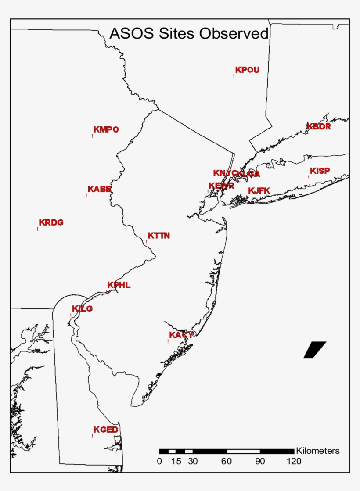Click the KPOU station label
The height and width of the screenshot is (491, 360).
(x=247, y=70)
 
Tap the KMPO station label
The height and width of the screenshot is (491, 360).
(x=106, y=129)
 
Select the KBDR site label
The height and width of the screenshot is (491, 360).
(x=319, y=127)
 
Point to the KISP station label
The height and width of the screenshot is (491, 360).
(x=320, y=171)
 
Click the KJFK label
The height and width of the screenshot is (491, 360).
(x=259, y=190)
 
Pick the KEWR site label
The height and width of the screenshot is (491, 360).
(x=221, y=186)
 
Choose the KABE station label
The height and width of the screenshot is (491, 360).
(x=99, y=189)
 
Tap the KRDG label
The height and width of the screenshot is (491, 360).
(x=51, y=222)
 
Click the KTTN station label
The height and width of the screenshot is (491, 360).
(x=158, y=236)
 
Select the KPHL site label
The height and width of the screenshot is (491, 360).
(x=119, y=285)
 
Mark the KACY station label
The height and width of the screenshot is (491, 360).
(x=181, y=335)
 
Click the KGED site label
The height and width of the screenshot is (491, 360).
(x=106, y=430)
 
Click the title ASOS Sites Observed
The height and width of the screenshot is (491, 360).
(x=189, y=33)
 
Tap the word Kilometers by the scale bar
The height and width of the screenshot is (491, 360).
(x=318, y=451)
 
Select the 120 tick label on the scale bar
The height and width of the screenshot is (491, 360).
(x=294, y=461)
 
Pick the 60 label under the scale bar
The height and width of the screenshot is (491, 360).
(x=227, y=461)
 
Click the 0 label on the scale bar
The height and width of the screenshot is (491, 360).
(x=159, y=461)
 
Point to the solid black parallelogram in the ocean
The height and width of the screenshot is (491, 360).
(x=314, y=350)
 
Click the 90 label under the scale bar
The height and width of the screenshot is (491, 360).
(x=260, y=461)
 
